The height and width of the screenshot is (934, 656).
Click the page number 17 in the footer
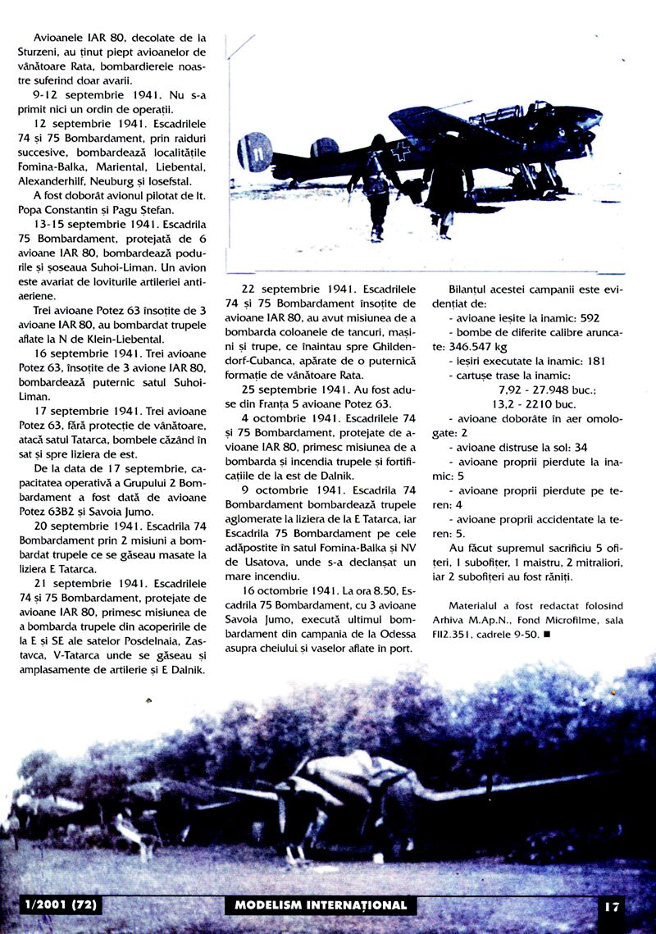click(x=612, y=907)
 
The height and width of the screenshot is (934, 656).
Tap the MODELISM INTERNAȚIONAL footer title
click(x=320, y=905)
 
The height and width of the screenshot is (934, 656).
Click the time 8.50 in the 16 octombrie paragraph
click(x=361, y=590)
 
